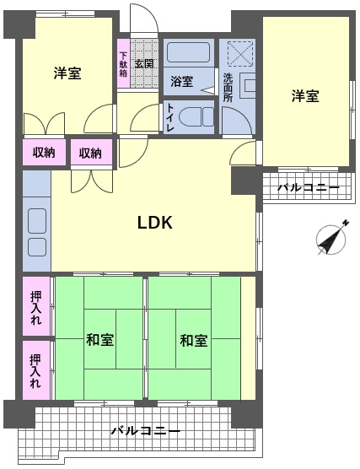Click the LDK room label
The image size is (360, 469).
point(155,223)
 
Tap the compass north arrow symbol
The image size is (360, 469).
point(332,238)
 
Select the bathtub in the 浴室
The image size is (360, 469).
point(188,52)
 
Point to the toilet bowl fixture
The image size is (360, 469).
point(196,117)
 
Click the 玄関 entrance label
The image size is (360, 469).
point(144,64)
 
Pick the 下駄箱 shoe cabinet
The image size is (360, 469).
point(123,63)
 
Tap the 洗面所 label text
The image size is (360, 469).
point(228,88)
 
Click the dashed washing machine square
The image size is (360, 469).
point(240,54)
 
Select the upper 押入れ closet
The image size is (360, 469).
point(36,306)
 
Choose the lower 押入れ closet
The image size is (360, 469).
point(36,370)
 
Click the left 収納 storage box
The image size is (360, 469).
point(44,152)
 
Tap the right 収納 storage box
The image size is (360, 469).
point(91,152)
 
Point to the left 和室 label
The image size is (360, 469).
point(99,340)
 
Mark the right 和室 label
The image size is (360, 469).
point(193,341)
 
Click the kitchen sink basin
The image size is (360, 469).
point(37,221)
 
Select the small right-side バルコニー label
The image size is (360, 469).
point(309,188)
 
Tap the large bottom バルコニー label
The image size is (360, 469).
point(146,431)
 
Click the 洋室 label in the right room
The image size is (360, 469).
point(305,96)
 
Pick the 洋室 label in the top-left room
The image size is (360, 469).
point(67,73)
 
